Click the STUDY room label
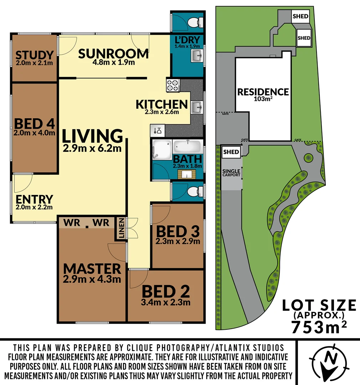coord(34,55)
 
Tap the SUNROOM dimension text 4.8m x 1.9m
coord(113,63)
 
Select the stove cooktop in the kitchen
coord(173,86)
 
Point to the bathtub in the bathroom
coord(188,147)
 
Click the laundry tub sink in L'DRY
coord(197,56)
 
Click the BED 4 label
coord(34,124)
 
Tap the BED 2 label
coord(166,292)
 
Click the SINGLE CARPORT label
coord(231,173)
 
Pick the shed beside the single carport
coord(231,152)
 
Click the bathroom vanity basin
coord(187,174)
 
